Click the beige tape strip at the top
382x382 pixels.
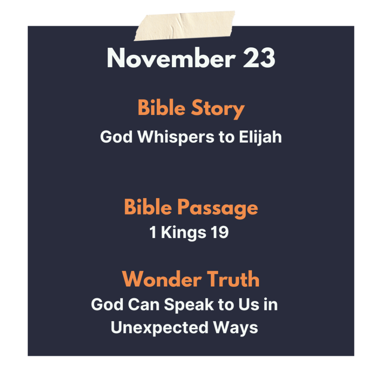[x=184, y=26]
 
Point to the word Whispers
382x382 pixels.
[x=176, y=137]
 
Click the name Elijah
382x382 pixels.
[x=260, y=137]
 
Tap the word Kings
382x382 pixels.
[x=184, y=233]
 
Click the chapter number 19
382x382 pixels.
[x=220, y=232]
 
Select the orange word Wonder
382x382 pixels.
[x=162, y=279]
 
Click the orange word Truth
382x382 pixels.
[x=234, y=279]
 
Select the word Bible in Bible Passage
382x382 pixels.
[x=148, y=207]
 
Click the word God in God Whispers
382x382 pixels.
[x=116, y=137]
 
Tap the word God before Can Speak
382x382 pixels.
[x=107, y=304]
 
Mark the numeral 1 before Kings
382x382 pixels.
[x=153, y=232]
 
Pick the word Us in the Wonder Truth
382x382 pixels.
[x=249, y=304]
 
